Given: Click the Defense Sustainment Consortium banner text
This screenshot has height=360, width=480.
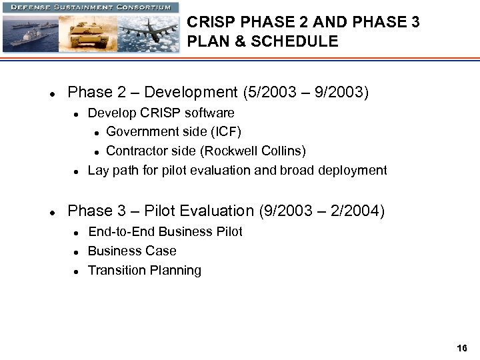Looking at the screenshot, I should coord(91,7).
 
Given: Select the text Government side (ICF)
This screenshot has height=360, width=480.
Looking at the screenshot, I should coord(173,132).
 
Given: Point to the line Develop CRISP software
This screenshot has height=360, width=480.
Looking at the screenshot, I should coord(161,113).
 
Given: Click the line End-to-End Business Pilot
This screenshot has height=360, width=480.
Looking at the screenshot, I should coord(165,232).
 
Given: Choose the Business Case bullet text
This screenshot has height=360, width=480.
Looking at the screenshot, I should coord(132,251).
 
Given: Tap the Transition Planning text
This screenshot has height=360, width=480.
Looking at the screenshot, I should coord(145,271).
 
